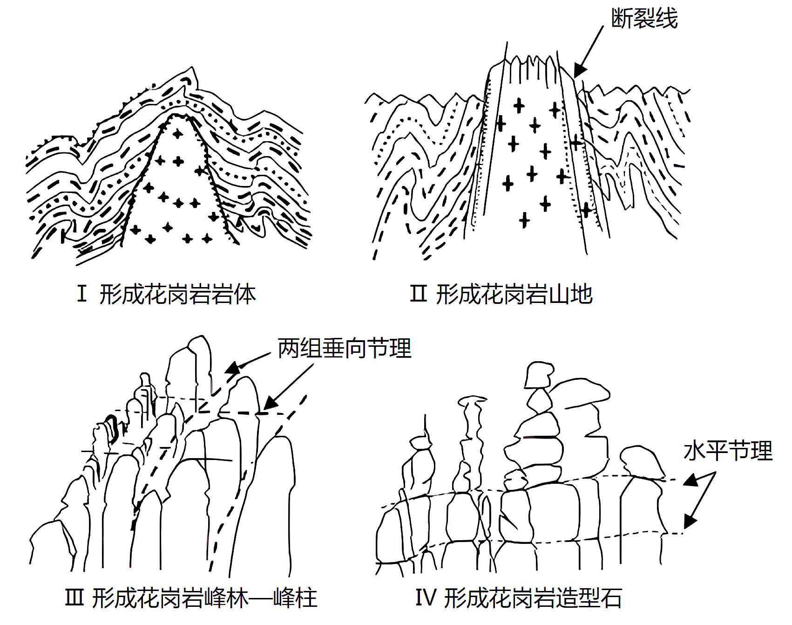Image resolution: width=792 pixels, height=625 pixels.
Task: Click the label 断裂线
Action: pos(644,19)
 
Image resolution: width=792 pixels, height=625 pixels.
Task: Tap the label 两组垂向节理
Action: pos(345,348)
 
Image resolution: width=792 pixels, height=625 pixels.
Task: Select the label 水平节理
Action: pos(728,451)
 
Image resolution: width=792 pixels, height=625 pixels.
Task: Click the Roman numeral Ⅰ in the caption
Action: pos(82,295)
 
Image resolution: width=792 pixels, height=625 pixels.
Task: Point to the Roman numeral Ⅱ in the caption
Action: pos(418,295)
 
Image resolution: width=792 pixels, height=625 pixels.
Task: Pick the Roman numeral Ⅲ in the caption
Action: pos(74,598)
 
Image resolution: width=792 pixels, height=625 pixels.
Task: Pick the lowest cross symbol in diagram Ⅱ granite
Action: pos(524,220)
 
